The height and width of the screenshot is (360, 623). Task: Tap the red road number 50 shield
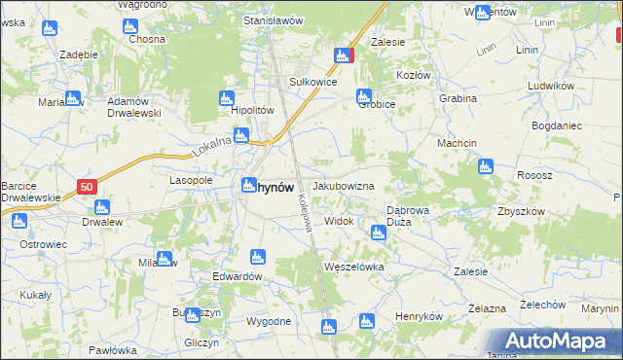[88, 186]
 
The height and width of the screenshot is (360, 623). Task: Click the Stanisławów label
[269, 20]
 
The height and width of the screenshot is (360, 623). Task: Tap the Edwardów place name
[238, 276]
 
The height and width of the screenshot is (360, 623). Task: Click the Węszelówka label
[354, 266]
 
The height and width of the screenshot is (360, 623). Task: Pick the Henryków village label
[420, 317]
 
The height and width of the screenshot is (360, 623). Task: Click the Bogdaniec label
[557, 126]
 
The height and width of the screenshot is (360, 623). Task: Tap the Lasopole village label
[191, 181]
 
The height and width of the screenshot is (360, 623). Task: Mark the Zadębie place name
[77, 54]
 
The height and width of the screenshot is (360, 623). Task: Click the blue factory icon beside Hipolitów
[227, 98]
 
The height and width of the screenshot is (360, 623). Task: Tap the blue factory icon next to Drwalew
[101, 207]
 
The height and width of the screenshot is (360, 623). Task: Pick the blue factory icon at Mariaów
[72, 98]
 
